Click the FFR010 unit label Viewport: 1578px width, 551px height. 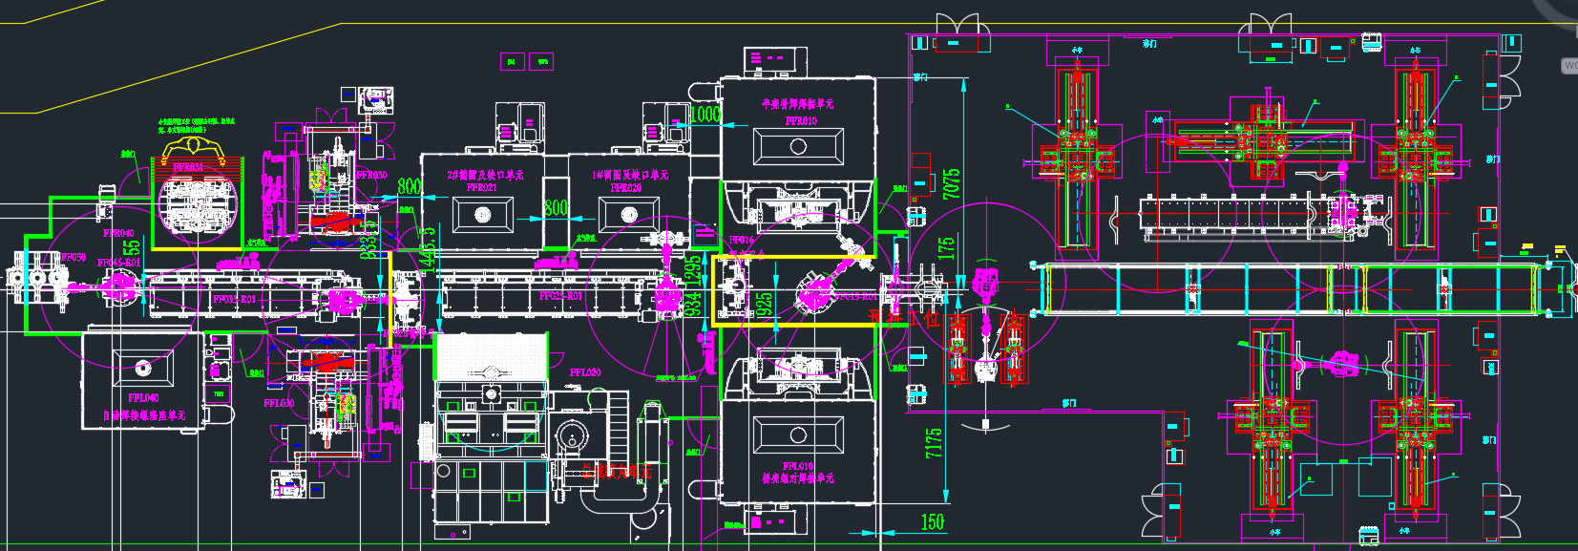(x=801, y=121)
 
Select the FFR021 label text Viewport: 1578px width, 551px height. (x=482, y=188)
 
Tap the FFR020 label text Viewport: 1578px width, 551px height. (x=626, y=188)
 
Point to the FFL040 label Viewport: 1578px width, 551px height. (x=143, y=398)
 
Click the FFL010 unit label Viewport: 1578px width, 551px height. (x=798, y=466)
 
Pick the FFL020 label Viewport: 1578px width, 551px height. (x=584, y=372)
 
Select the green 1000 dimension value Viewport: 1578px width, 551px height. (x=705, y=115)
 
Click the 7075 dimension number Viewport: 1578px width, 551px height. (x=951, y=184)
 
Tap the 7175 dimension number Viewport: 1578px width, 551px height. (x=934, y=442)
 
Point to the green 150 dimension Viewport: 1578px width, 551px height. (x=932, y=522)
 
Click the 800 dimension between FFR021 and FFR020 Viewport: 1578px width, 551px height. (x=556, y=208)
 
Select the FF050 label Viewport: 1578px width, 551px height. (x=74, y=258)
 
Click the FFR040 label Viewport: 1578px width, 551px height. (x=118, y=233)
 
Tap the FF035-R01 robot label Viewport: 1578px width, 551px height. (x=233, y=300)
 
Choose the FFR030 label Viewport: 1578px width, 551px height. (x=371, y=175)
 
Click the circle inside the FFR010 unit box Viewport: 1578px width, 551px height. (x=798, y=147)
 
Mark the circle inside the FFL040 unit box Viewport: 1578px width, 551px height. (x=142, y=368)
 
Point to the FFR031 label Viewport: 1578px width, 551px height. (x=187, y=168)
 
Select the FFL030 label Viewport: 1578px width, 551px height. (x=279, y=403)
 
